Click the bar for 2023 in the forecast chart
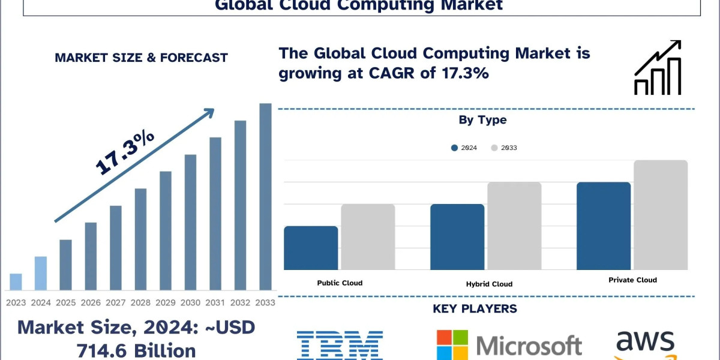pyautogui.click(x=16, y=282)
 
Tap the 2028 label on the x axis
pyautogui.click(x=140, y=302)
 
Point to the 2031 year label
pyautogui.click(x=215, y=302)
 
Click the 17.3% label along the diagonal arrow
pyautogui.click(x=125, y=154)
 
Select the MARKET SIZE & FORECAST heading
pyautogui.click(x=141, y=58)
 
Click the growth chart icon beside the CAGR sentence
pyautogui.click(x=658, y=68)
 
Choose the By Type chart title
pyautogui.click(x=482, y=120)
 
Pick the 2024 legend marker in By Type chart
pyautogui.click(x=455, y=148)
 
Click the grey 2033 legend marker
pyautogui.click(x=494, y=148)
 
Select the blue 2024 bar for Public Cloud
pyautogui.click(x=311, y=248)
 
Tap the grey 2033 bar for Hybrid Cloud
pyautogui.click(x=514, y=226)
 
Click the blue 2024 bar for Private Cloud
pyautogui.click(x=604, y=226)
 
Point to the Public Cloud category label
pyautogui.click(x=340, y=283)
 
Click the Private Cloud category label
pyautogui.click(x=632, y=280)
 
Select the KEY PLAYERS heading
pyautogui.click(x=475, y=309)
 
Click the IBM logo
pyautogui.click(x=340, y=345)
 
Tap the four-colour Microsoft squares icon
pyautogui.click(x=452, y=344)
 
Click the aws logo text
pyautogui.click(x=645, y=342)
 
